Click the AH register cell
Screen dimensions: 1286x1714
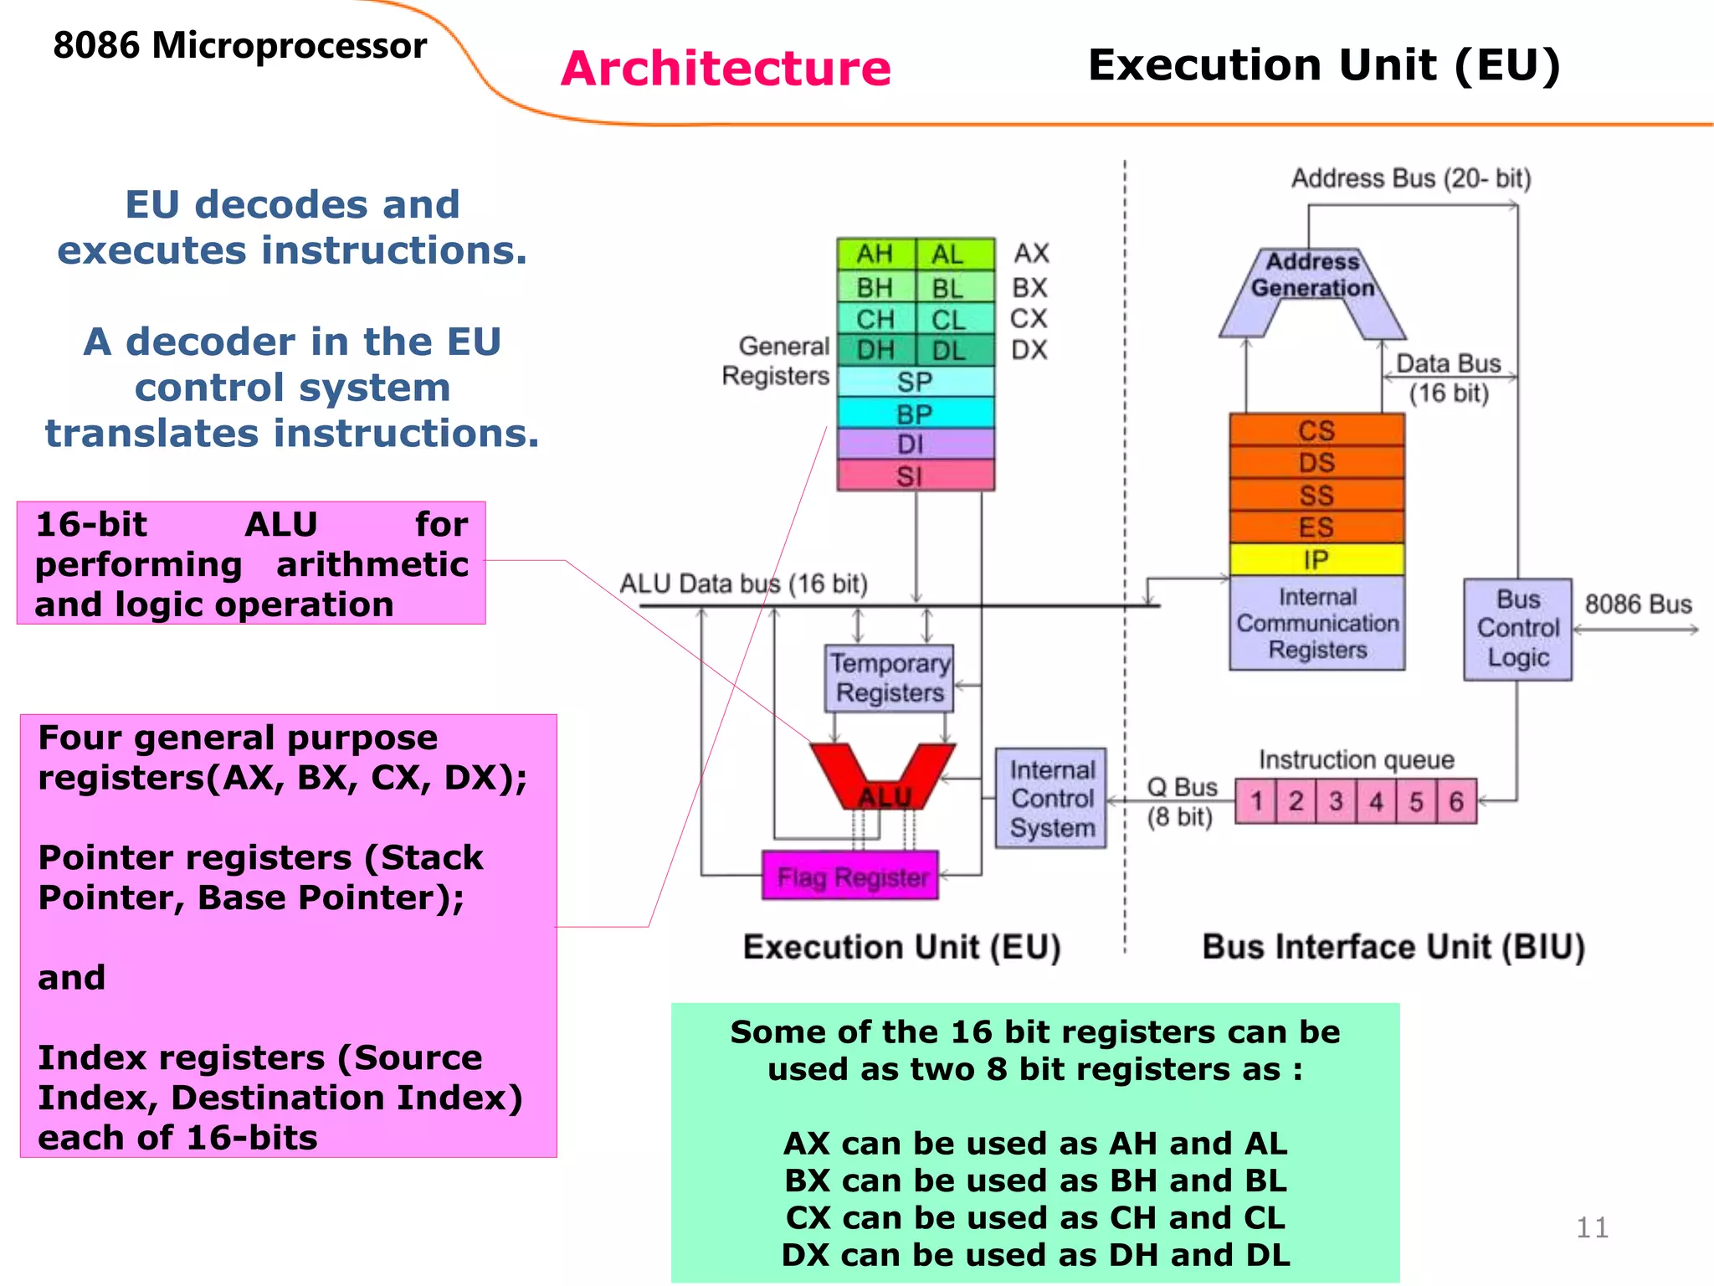875,254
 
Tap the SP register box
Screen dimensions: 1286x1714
916,382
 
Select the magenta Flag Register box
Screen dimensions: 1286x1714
850,876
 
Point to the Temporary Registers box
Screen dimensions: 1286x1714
889,678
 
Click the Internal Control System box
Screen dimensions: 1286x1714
1051,798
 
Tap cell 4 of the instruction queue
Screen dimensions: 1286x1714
1376,801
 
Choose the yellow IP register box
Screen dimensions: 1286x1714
1316,559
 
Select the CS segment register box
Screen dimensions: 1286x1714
1316,430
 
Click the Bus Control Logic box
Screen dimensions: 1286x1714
1517,629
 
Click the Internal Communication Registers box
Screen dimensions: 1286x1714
1316,623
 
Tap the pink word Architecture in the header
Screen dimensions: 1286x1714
726,69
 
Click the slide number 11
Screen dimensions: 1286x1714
1592,1227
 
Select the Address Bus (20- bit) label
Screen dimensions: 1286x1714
1411,178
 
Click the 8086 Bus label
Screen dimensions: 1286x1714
1638,604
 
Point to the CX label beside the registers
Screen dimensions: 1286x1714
1029,318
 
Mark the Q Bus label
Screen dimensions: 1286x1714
1182,787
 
